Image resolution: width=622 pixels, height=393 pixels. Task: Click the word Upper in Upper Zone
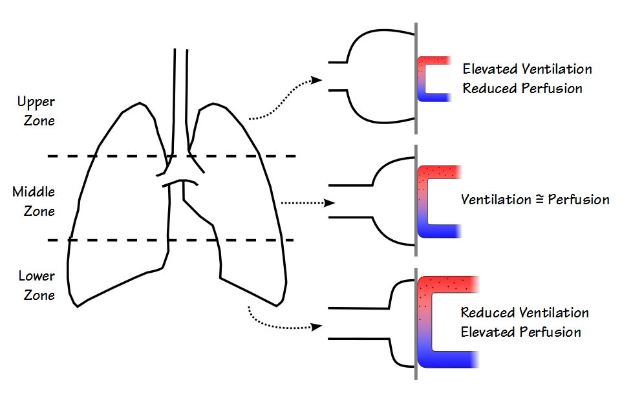[x=36, y=101]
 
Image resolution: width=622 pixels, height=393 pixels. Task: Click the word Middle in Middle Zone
[x=34, y=192]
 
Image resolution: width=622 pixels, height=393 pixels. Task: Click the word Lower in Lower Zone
[x=36, y=276]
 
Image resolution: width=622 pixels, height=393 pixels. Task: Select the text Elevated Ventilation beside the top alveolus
[x=527, y=69]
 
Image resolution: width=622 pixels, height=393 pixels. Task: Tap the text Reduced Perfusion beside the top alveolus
[x=522, y=88]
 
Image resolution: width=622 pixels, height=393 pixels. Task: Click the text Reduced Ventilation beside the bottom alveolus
[x=524, y=313]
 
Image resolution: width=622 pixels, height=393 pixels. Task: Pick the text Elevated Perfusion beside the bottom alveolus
[x=520, y=332]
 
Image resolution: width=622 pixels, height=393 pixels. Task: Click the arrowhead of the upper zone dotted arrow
[x=317, y=80]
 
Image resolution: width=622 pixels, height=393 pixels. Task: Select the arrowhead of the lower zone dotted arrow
[x=317, y=326]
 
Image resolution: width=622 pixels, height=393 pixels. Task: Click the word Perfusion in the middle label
[x=578, y=199]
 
